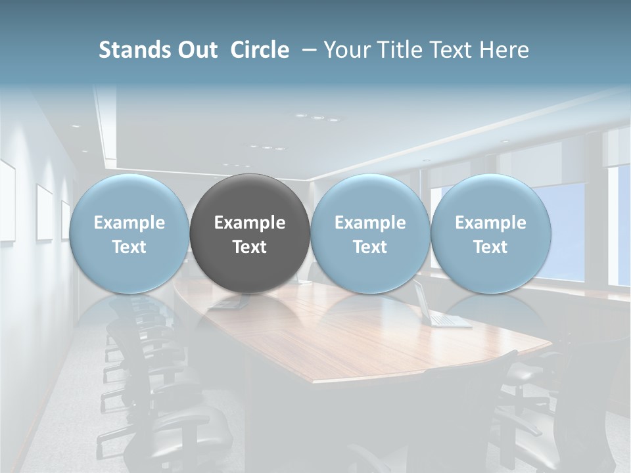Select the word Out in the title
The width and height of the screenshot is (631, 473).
(x=197, y=50)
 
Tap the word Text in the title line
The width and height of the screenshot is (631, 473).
(x=451, y=50)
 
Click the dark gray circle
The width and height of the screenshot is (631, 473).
(x=250, y=233)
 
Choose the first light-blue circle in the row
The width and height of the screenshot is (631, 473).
(x=129, y=233)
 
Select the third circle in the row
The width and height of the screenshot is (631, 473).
(x=370, y=233)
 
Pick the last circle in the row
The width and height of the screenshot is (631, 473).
(x=490, y=233)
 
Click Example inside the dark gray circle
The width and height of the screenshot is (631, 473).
(x=250, y=223)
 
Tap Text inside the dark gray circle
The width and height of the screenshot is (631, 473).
(x=250, y=247)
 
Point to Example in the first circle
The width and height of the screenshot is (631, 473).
(x=129, y=223)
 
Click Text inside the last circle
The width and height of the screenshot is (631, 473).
(x=490, y=247)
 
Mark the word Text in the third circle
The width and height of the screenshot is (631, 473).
(x=370, y=247)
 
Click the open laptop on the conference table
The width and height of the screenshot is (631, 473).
(x=437, y=309)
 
